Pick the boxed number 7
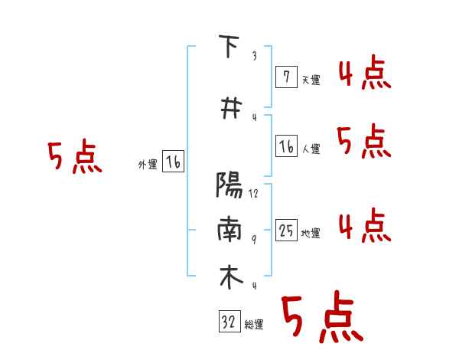tap(286, 77)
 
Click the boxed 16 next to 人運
tap(286, 146)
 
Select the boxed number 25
tap(286, 230)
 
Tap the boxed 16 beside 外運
tap(173, 162)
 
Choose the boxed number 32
tap(229, 322)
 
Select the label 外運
tap(147, 165)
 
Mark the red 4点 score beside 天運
tap(364, 74)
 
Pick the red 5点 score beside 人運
tap(364, 141)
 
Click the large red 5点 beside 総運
tap(321, 318)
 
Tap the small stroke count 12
tap(253, 195)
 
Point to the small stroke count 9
tap(253, 240)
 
